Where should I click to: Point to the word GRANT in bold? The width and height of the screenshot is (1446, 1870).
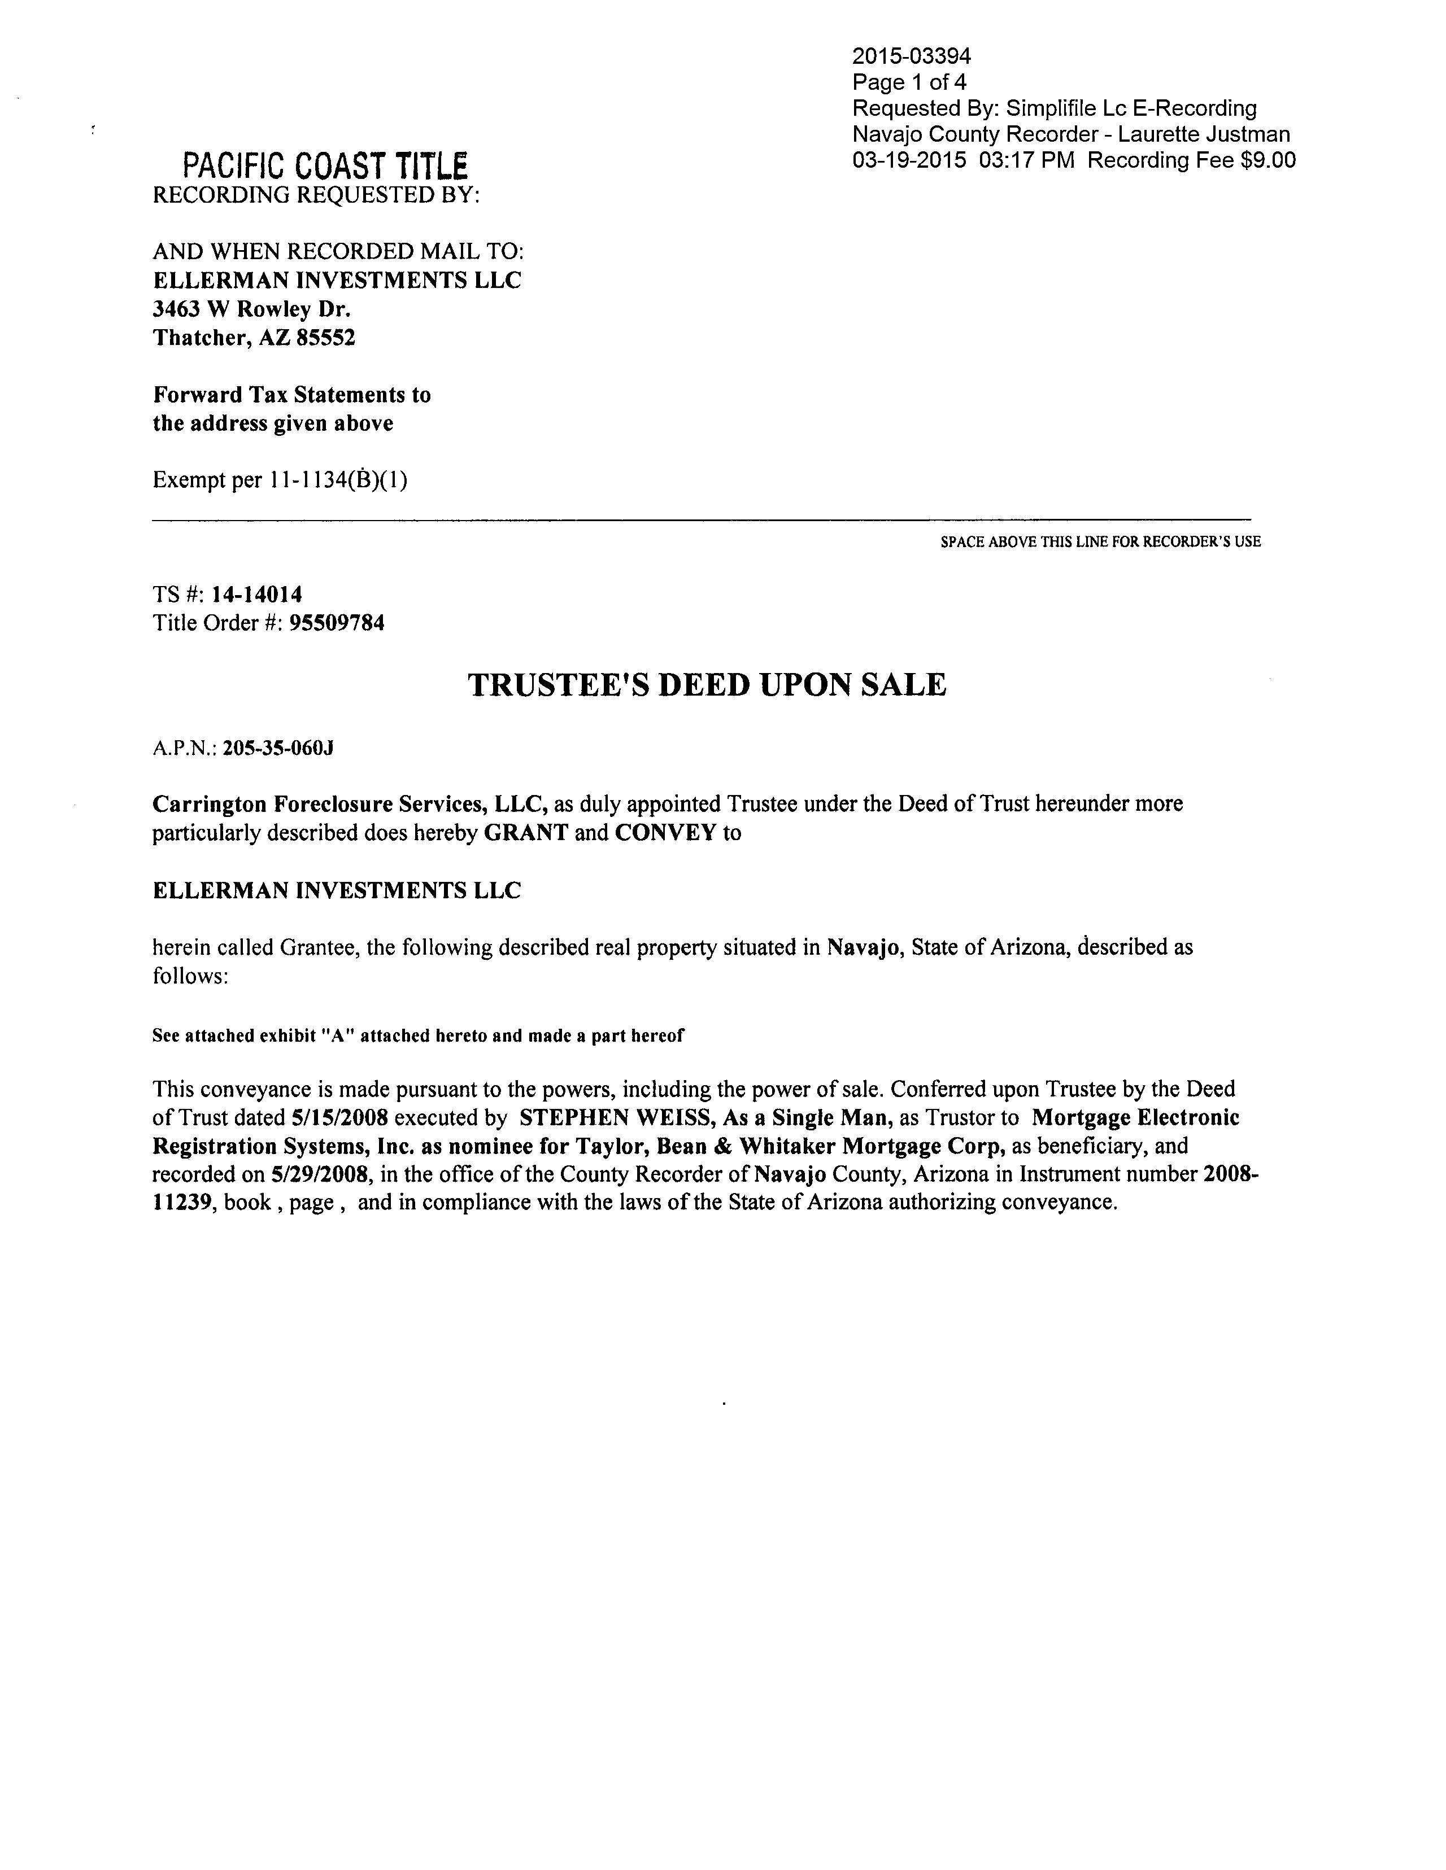tap(526, 833)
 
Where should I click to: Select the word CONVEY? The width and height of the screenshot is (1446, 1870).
tap(665, 833)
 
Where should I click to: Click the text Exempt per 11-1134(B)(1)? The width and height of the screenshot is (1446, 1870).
tap(280, 480)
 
